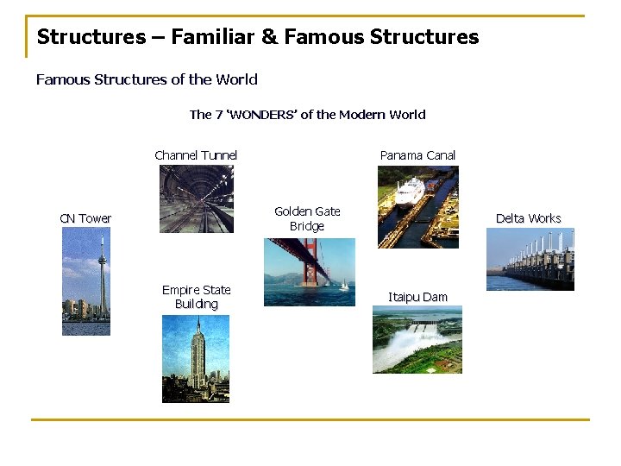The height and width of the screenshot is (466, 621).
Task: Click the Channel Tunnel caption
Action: (196, 155)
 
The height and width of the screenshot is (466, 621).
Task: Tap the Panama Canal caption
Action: (417, 155)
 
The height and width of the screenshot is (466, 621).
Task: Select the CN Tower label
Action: (85, 218)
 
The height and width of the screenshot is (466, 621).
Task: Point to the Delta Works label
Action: (528, 218)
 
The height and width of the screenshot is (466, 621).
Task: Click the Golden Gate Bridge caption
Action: (307, 218)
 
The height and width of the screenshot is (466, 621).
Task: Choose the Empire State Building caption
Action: (197, 297)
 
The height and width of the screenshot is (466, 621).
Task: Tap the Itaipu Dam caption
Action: (417, 297)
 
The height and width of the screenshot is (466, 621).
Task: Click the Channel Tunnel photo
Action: (196, 199)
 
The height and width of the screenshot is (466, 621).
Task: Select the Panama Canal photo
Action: (417, 207)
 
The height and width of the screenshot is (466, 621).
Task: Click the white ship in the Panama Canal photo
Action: (411, 190)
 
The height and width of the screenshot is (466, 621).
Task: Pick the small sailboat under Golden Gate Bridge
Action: (344, 286)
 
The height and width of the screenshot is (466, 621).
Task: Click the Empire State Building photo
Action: (196, 358)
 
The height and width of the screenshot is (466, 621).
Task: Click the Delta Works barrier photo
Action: (530, 259)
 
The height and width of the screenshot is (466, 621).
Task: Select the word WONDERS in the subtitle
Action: (261, 115)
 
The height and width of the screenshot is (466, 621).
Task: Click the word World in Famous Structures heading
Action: (237, 79)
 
